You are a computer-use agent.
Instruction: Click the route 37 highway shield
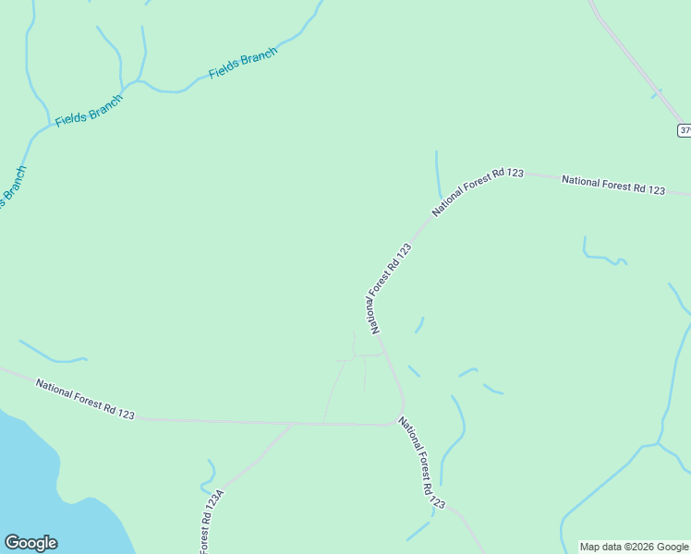pos(685,130)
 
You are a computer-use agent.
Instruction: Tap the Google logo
pos(30,543)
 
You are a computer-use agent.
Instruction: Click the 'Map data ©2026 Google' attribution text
pos(635,547)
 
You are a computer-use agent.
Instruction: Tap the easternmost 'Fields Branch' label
pos(243,64)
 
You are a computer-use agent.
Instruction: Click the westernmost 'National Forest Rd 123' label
pos(85,398)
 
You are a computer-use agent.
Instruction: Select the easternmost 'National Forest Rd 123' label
pos(613,185)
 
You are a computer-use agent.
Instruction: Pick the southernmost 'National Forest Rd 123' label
pos(422,463)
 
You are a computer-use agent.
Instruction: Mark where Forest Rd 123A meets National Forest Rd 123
pos(292,424)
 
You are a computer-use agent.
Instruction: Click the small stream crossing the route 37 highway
pos(656,93)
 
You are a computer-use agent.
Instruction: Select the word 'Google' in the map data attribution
pos(672,547)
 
